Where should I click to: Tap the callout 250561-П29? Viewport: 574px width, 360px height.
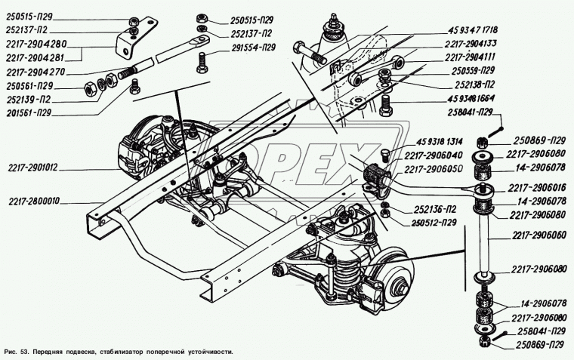pyautogui.click(x=29, y=87)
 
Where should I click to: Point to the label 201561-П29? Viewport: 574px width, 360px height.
pyautogui.click(x=29, y=112)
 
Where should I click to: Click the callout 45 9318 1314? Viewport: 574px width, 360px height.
pyautogui.click(x=440, y=143)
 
